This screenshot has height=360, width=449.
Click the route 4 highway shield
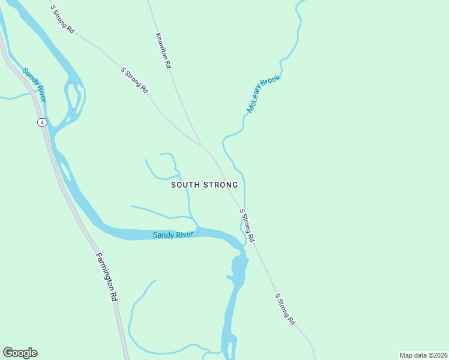[x=41, y=122]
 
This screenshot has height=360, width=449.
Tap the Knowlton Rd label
[x=164, y=50]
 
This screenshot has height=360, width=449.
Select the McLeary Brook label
[x=264, y=94]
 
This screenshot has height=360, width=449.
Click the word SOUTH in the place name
[x=184, y=185]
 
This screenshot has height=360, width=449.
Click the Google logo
[x=20, y=353]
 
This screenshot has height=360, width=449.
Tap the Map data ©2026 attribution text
[x=423, y=355]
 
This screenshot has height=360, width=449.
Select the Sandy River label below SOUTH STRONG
[x=173, y=235]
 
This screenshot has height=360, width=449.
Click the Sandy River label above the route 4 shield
[x=34, y=85]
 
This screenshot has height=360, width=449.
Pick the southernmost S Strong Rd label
[x=285, y=309]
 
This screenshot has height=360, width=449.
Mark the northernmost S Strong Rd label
[x=62, y=19]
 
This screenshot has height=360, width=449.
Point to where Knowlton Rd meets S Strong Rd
[x=202, y=146]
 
